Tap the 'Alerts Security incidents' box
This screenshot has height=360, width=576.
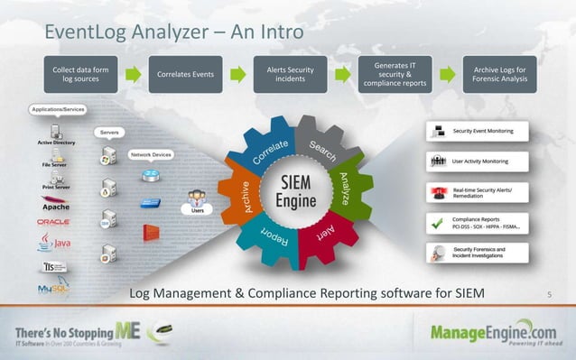[290, 74]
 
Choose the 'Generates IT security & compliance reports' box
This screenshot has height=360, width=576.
[395, 74]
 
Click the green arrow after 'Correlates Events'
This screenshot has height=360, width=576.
[237, 73]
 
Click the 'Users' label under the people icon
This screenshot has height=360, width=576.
[197, 209]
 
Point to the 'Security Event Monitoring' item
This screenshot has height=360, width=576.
[483, 132]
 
